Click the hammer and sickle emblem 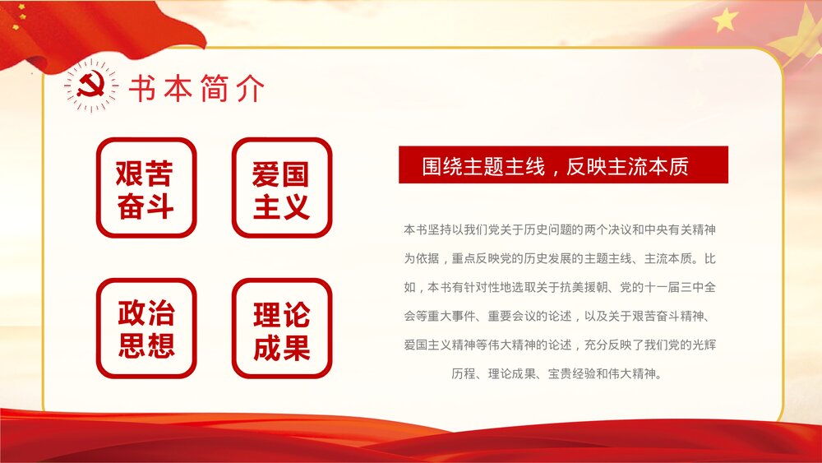click(90, 86)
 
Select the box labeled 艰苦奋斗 click(146, 188)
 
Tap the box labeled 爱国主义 click(281, 188)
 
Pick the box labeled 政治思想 click(146, 328)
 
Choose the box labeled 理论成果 click(281, 328)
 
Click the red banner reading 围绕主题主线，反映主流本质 click(563, 165)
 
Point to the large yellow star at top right click(725, 19)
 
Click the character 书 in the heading click(143, 89)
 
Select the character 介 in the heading click(250, 89)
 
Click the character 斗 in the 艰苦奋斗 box click(162, 206)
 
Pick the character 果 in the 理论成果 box click(297, 346)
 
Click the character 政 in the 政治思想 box click(132, 313)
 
